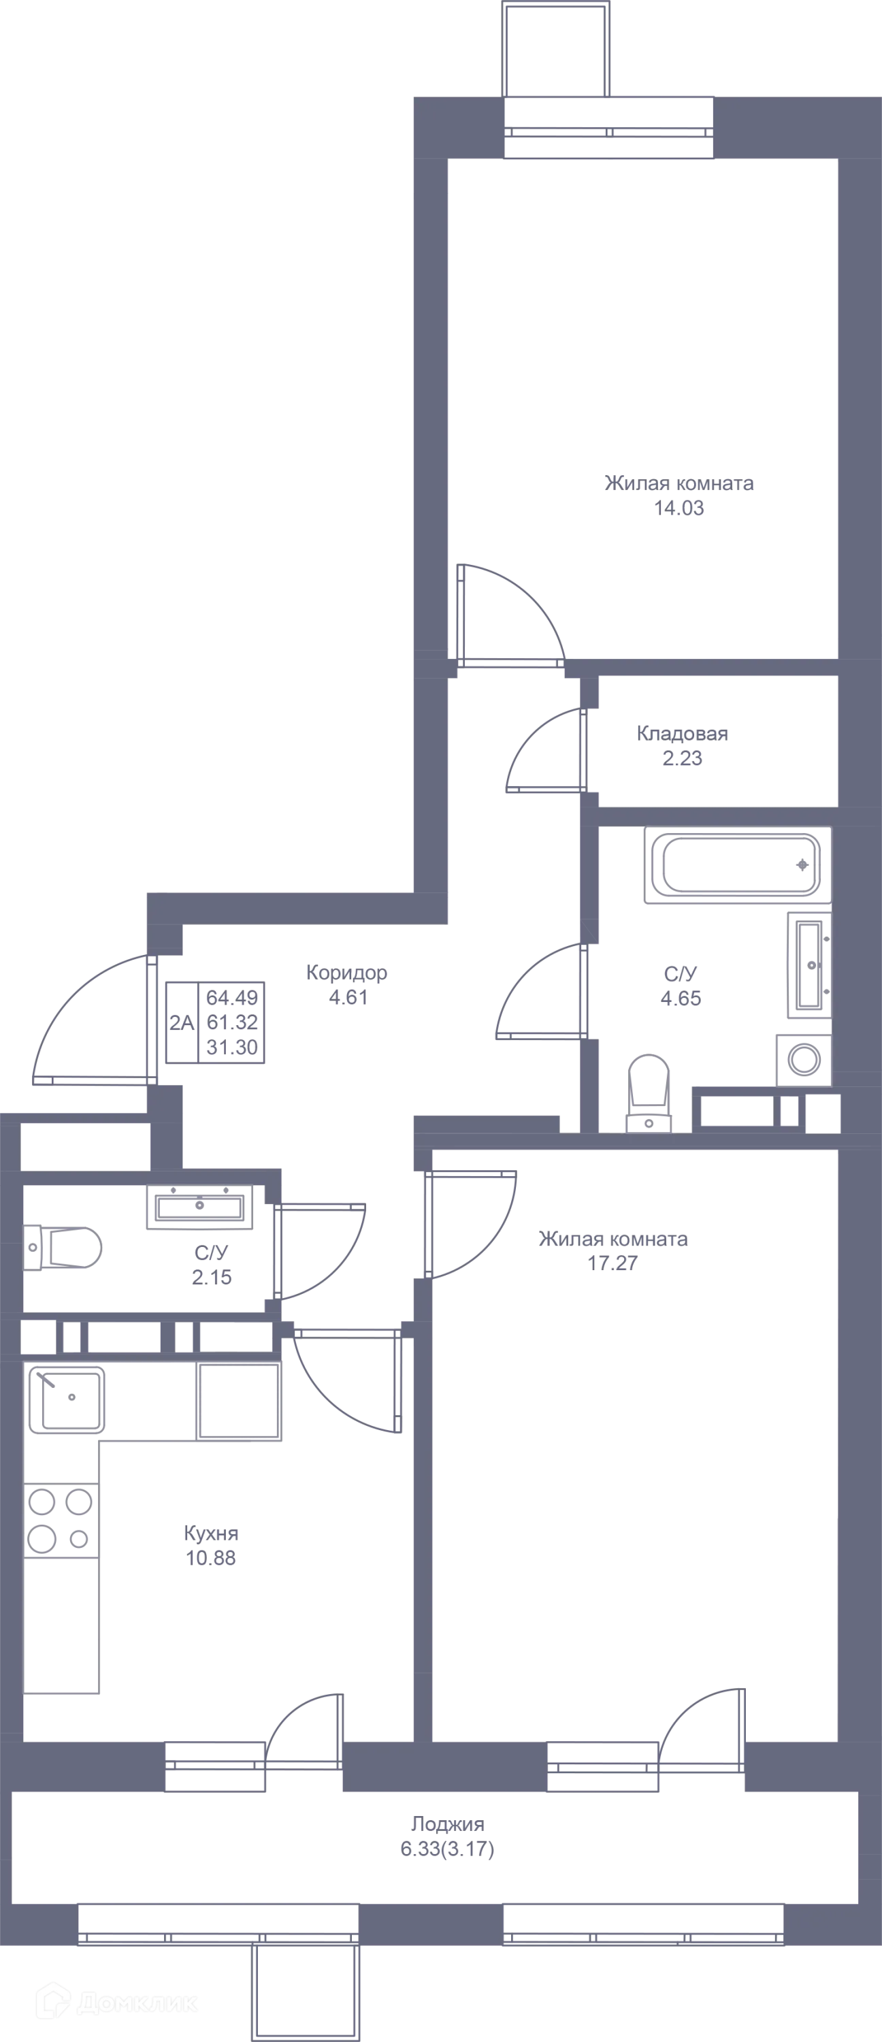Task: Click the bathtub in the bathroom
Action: tap(737, 866)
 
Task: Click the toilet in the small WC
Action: tap(65, 1248)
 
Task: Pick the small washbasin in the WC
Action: tap(199, 1207)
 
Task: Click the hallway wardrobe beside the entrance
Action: tap(216, 1023)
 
